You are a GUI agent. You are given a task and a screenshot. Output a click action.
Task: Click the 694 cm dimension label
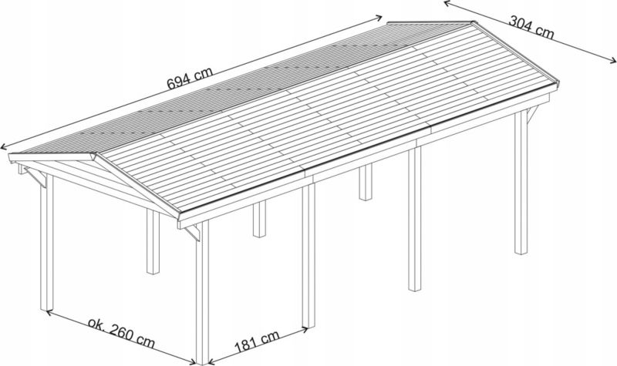click(x=190, y=79)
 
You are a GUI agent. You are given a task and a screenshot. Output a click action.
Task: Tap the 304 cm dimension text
click(x=531, y=27)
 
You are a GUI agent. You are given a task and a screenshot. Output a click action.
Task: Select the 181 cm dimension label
click(x=257, y=341)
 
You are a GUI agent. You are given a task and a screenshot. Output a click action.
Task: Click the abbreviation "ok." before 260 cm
click(x=96, y=323)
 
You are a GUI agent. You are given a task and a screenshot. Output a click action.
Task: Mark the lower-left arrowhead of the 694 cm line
click(x=4, y=147)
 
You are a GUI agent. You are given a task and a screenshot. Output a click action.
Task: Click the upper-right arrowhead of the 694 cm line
click(x=378, y=17)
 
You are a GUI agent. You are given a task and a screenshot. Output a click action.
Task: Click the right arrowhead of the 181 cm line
click(x=304, y=329)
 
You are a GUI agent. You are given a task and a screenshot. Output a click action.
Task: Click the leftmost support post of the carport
click(x=46, y=242)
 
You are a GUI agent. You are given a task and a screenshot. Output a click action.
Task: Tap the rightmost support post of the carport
click(x=521, y=182)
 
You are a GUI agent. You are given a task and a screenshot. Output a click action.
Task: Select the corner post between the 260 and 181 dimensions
click(x=202, y=293)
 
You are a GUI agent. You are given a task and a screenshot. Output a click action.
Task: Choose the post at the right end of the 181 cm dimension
click(x=309, y=256)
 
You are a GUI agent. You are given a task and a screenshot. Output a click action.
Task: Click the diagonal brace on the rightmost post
click(x=532, y=114)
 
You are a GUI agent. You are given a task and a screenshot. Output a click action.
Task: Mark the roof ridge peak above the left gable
click(x=95, y=154)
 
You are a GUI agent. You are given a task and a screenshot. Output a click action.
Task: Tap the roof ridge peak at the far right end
click(x=472, y=23)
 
